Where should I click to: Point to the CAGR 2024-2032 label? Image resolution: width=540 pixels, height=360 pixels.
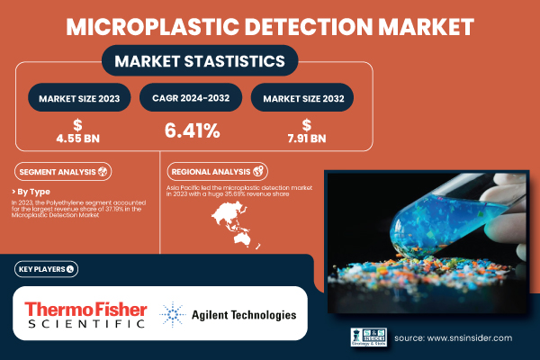tap(191, 96)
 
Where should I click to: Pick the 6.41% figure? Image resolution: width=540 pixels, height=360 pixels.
tap(191, 131)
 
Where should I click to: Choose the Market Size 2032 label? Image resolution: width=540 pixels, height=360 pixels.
tap(302, 96)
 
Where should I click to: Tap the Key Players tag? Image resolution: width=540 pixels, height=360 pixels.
tap(46, 268)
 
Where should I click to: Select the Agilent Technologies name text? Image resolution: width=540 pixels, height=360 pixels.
tap(243, 316)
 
